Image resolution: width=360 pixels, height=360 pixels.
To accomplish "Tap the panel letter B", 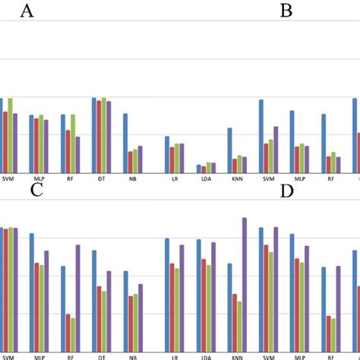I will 286,11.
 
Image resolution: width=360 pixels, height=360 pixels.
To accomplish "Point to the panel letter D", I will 286,191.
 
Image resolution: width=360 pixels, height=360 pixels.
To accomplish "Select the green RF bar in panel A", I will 73,144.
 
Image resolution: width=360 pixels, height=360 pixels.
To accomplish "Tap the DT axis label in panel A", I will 102,179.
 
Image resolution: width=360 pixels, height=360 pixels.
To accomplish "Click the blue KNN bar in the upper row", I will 230,150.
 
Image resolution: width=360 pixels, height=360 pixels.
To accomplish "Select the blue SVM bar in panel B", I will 261,136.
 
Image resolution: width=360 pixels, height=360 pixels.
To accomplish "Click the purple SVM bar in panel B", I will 276,149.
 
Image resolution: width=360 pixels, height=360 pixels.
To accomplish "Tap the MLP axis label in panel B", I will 300,179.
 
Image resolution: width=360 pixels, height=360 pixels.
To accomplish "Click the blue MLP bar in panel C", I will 32,292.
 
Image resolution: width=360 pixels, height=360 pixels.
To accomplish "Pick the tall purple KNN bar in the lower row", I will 245,284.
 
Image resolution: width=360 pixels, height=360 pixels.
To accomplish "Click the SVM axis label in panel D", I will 269,356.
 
